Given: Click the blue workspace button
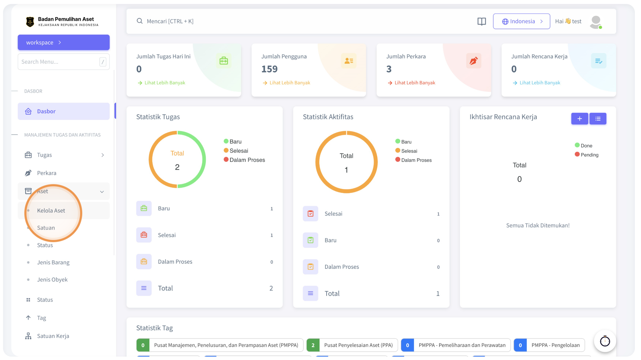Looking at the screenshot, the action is click(x=63, y=42).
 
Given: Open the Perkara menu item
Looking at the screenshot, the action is click(x=47, y=173).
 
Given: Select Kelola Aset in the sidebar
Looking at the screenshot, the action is click(x=51, y=211).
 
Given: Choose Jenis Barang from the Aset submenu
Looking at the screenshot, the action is click(x=53, y=262).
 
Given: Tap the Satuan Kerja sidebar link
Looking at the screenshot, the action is click(x=53, y=336).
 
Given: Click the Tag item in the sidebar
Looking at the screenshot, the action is click(x=41, y=318).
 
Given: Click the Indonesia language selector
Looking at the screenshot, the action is click(x=522, y=21).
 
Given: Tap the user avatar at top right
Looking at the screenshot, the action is click(x=596, y=22).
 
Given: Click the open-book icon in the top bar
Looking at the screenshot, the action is click(x=482, y=21).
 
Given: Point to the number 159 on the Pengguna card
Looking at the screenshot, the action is click(x=269, y=69).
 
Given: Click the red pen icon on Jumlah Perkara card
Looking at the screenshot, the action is click(x=474, y=61).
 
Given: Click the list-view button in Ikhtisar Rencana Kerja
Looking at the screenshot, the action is click(x=598, y=119).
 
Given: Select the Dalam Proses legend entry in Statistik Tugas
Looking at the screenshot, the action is click(x=244, y=160).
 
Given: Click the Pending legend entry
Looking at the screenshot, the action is click(x=586, y=155).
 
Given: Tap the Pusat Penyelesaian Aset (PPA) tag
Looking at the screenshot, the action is click(x=352, y=345).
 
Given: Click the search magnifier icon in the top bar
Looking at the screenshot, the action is click(x=139, y=21).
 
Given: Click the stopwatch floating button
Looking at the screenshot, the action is click(x=605, y=341).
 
